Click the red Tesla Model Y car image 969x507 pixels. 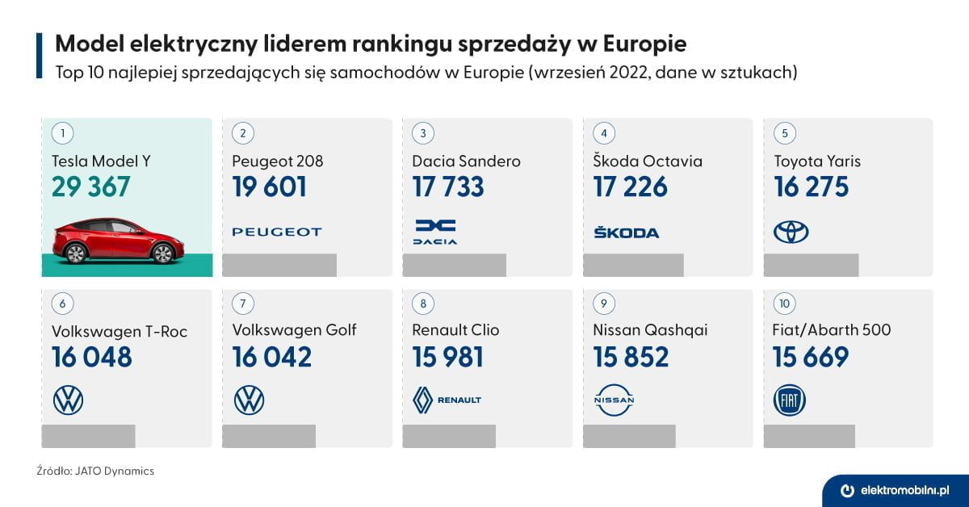click(118, 241)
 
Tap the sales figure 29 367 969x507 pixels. click(90, 187)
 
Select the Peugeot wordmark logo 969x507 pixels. click(277, 233)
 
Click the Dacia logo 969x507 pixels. click(435, 232)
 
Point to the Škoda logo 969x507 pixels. click(626, 233)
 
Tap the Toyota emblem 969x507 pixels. click(791, 233)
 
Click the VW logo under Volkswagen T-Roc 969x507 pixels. click(68, 400)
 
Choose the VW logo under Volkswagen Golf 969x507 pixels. click(249, 400)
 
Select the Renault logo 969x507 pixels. click(447, 400)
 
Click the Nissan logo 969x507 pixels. click(615, 400)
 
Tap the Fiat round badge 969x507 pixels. click(789, 400)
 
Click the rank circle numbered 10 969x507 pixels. click(784, 304)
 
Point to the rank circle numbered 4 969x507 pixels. click(603, 132)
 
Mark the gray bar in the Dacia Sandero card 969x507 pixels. click(454, 265)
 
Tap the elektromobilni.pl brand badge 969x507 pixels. click(895, 490)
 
